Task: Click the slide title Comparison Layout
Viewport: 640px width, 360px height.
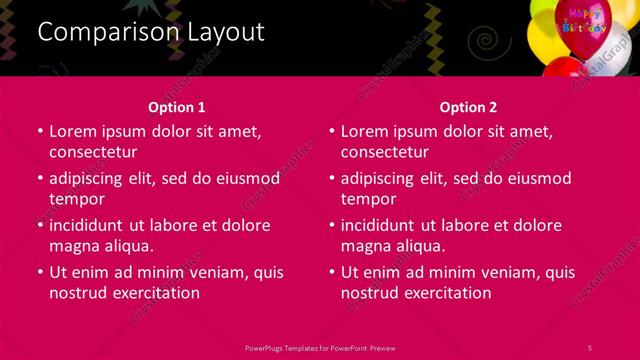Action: [151, 32]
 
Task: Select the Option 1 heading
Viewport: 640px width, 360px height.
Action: [177, 107]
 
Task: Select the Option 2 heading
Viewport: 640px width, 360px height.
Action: [468, 107]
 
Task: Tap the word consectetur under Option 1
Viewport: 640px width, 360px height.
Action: [93, 152]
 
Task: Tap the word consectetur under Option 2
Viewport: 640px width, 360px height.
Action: [385, 152]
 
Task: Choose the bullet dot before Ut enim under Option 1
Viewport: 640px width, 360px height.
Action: [41, 272]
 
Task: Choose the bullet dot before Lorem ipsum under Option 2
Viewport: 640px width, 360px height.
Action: [333, 131]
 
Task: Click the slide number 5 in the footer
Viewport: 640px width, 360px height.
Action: [590, 347]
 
